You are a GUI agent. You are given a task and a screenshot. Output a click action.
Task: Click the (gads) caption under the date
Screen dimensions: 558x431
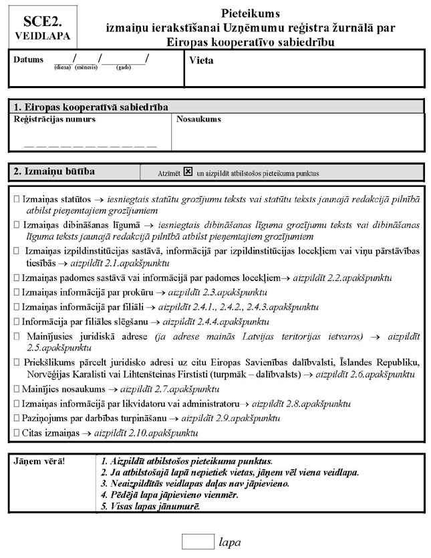tap(123, 67)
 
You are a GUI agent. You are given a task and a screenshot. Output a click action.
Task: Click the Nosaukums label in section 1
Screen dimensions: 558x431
tap(198, 119)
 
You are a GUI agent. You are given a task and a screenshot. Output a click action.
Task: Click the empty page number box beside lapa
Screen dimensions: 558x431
tap(197, 541)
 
